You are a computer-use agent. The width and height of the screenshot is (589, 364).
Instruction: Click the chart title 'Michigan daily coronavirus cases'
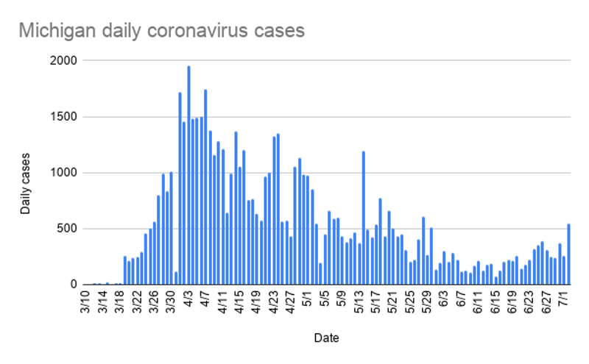161,31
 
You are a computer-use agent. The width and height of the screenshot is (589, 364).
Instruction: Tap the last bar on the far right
568,254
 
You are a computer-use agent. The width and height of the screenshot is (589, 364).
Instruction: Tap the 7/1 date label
564,301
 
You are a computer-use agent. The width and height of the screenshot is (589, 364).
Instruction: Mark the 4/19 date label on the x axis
256,302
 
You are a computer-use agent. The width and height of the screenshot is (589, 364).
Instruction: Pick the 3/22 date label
137,302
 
